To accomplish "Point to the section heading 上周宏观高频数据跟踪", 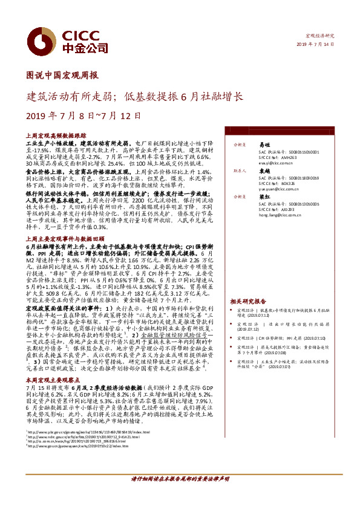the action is [57, 137].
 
